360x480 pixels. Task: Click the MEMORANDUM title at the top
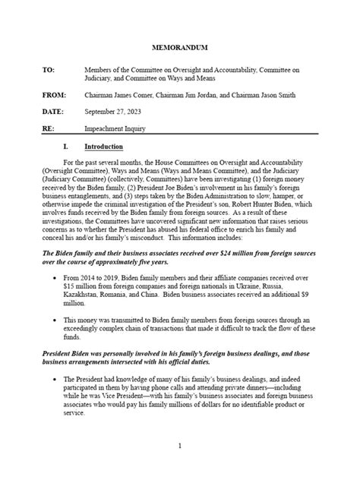pyautogui.click(x=180, y=47)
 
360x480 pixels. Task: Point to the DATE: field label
pyautogui.click(x=52, y=112)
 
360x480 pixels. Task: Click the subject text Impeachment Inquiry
pyautogui.click(x=116, y=128)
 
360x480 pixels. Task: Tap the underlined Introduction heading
pyautogui.click(x=122, y=146)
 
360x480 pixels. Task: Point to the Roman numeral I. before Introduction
pyautogui.click(x=87, y=146)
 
